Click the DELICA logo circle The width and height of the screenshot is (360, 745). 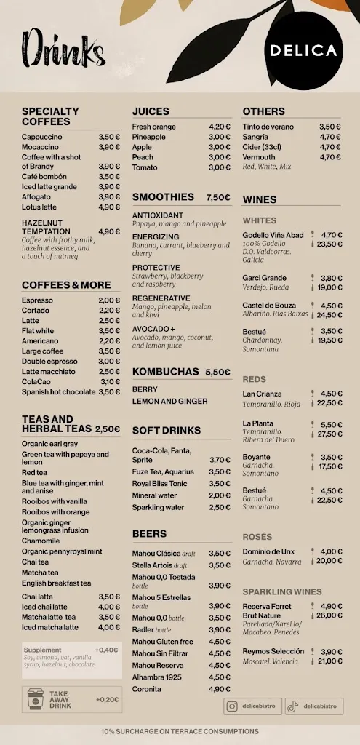(303, 50)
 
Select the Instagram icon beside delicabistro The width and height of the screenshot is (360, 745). (232, 706)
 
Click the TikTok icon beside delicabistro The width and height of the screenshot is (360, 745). (292, 706)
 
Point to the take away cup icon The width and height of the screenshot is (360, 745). (36, 700)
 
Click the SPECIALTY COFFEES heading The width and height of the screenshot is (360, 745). (51, 116)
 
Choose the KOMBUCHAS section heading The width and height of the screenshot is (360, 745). (165, 372)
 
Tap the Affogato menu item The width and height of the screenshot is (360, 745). (36, 197)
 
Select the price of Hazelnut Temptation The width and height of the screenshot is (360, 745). (109, 231)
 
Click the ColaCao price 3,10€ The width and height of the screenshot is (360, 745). (110, 382)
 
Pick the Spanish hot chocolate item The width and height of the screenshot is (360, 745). (58, 392)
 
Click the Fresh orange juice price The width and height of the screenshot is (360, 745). (219, 127)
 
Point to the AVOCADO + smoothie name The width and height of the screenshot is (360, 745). (153, 329)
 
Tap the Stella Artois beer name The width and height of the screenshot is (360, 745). (152, 565)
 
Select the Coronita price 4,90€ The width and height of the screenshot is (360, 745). (219, 689)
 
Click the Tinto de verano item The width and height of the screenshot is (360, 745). (268, 127)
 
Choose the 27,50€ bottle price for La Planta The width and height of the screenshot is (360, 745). (329, 434)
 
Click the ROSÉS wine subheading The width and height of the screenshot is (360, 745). (257, 537)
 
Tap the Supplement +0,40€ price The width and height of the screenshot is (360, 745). (106, 650)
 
